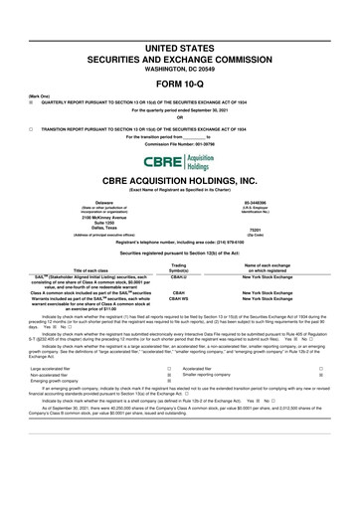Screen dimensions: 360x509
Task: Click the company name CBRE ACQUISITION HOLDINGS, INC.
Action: (179, 183)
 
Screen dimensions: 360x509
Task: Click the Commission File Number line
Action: (179, 143)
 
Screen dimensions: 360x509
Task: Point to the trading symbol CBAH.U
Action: (179, 279)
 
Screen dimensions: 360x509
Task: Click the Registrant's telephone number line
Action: (179, 242)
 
